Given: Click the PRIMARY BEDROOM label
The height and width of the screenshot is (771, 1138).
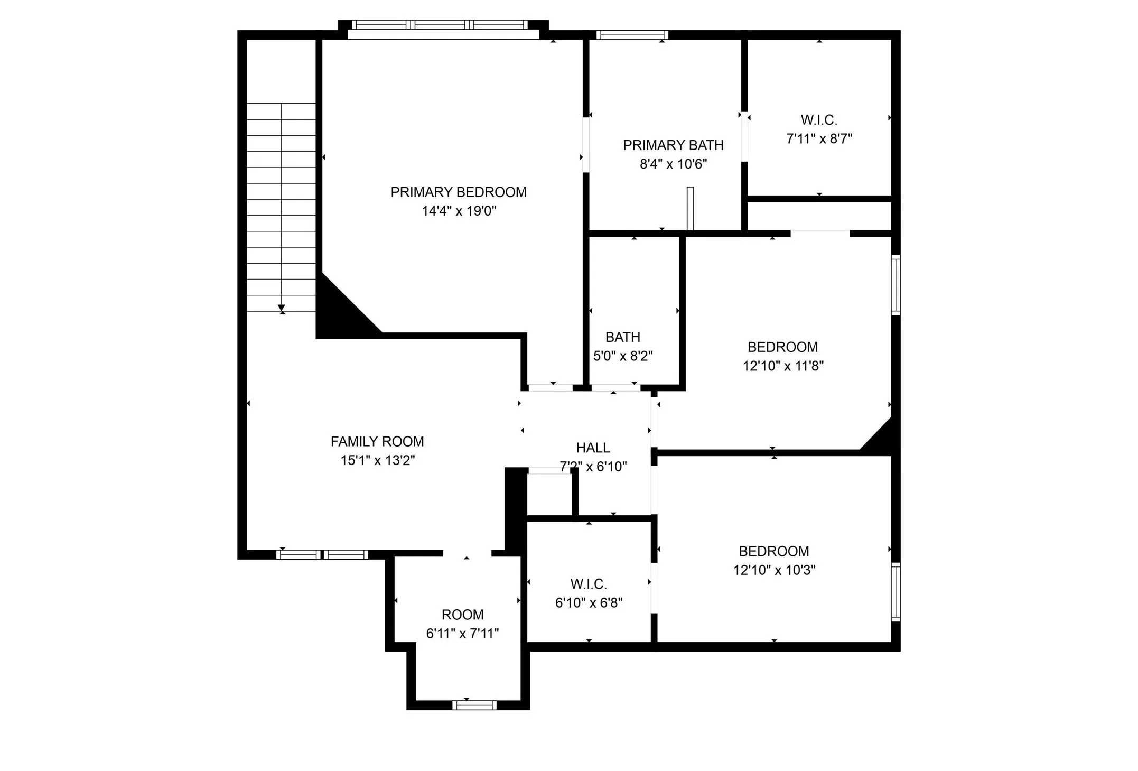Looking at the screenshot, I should (458, 192).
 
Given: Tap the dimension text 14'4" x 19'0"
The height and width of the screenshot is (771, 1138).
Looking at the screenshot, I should (459, 211).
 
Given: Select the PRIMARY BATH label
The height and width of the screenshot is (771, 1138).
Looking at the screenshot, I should (673, 145).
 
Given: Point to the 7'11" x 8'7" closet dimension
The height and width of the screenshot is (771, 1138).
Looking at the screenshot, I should (819, 139).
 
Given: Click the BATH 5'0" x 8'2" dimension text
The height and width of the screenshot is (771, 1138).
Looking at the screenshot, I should (623, 356).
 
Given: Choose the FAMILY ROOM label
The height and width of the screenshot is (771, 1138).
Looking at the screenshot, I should (377, 442).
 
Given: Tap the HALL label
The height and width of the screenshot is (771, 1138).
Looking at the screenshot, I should (593, 448).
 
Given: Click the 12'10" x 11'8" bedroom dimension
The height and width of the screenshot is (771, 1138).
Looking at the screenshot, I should (783, 366).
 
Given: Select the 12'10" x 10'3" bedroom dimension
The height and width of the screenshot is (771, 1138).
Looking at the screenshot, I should (774, 570).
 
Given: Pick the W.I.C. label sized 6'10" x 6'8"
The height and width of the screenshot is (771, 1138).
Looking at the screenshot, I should (589, 584).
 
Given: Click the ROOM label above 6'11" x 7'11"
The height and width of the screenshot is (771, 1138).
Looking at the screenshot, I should (462, 615).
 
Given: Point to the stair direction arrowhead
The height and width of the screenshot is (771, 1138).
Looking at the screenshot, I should (282, 308).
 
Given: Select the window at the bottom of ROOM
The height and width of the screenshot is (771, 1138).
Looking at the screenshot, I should (474, 705).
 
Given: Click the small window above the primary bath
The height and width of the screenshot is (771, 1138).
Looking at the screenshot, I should (632, 35).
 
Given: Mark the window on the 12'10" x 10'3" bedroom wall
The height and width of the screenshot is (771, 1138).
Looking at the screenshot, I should (896, 592).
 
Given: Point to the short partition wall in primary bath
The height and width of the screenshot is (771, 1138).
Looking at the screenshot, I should (690, 208).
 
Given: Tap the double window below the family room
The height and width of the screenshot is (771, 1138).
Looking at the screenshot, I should (322, 554).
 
